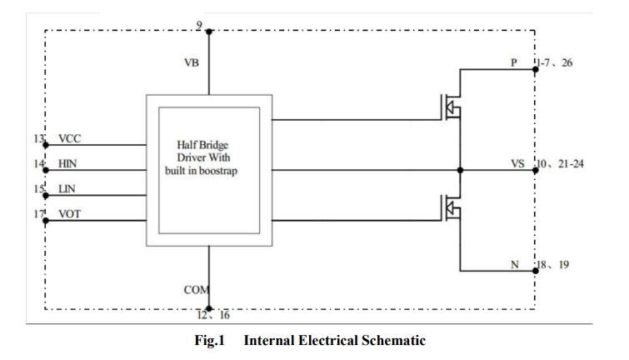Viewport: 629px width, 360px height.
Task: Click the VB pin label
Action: [192, 62]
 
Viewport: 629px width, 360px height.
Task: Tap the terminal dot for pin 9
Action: [209, 32]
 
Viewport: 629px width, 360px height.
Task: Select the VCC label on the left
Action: [69, 138]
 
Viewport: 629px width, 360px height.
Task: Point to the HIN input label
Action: [67, 163]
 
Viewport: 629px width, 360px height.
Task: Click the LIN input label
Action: [67, 188]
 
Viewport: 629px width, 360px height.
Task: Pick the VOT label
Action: [69, 214]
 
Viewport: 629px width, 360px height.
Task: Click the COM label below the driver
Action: [196, 290]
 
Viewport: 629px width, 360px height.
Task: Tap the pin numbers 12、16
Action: [213, 315]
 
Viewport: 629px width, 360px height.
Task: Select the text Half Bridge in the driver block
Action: [202, 144]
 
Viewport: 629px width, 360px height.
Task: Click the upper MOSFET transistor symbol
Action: [452, 107]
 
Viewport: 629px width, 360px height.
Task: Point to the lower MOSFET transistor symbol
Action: [452, 207]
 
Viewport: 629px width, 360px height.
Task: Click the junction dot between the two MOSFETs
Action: [460, 170]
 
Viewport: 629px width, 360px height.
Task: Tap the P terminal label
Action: [514, 62]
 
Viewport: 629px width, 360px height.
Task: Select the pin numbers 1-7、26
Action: [555, 62]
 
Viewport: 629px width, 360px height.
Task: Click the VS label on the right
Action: [517, 163]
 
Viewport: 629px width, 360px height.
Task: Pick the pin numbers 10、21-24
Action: [561, 163]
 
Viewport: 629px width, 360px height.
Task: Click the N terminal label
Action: [515, 264]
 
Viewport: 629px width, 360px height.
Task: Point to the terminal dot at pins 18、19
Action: [535, 271]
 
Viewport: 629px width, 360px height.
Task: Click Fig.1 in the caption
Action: [209, 340]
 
